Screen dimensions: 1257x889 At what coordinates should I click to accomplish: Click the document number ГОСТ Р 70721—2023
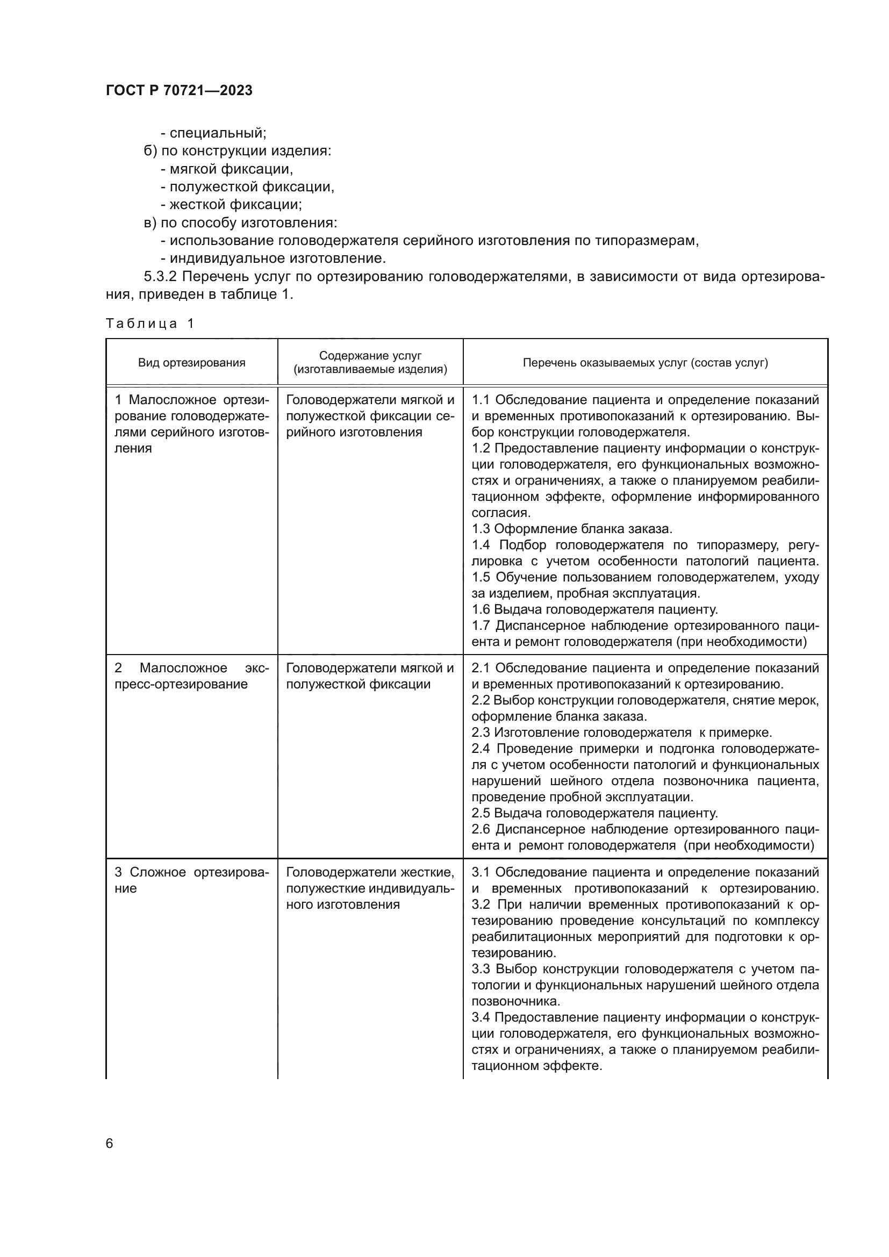coord(179,91)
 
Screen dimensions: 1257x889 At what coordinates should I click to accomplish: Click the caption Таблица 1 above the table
coord(150,324)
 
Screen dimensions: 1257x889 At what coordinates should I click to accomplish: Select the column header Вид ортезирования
coord(191,362)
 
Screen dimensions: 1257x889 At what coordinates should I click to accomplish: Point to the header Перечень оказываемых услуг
coord(645,362)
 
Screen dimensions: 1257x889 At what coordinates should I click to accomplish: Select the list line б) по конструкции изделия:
coord(238,150)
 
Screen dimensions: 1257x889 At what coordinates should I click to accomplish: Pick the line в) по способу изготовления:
coord(240,223)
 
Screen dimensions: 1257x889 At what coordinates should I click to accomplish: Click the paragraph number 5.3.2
coord(162,276)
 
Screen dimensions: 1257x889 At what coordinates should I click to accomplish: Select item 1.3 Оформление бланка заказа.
coord(571,529)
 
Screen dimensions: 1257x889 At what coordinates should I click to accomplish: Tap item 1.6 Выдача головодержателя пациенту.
coord(594,609)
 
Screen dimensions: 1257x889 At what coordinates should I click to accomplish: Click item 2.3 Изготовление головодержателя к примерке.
coord(621,732)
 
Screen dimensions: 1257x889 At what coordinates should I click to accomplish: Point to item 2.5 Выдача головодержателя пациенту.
coord(594,813)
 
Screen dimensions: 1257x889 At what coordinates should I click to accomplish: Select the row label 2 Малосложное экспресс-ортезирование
coord(191,676)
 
